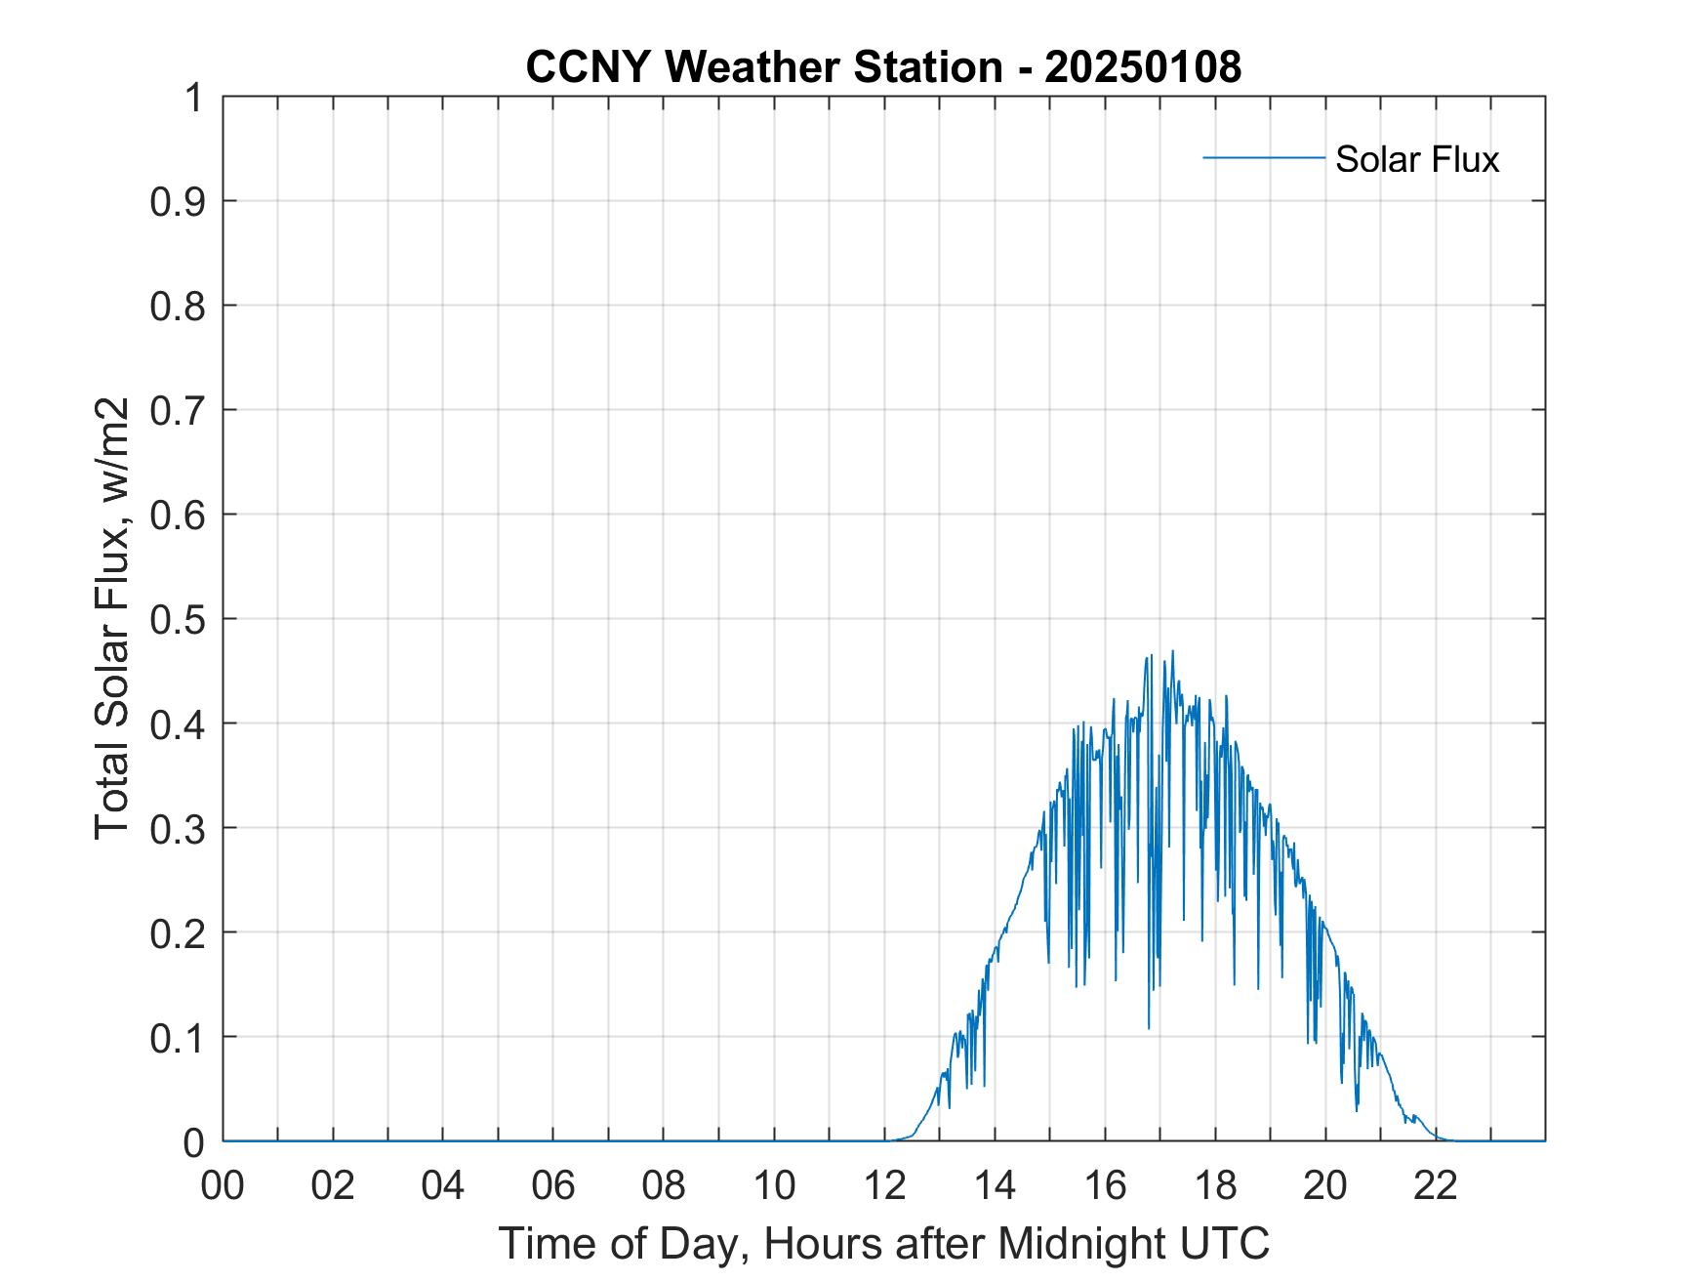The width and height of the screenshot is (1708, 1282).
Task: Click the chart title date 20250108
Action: (x=1143, y=67)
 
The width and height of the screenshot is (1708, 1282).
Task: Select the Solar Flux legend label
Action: (x=1416, y=158)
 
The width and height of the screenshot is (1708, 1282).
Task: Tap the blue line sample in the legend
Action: (x=1263, y=157)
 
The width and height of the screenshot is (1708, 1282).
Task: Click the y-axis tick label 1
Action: (x=194, y=98)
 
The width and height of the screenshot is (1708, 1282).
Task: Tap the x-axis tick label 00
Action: (x=223, y=1186)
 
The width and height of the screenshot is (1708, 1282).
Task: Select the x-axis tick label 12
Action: (x=884, y=1186)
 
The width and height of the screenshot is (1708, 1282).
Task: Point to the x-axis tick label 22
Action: (x=1436, y=1186)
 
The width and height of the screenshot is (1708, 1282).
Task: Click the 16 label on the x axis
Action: (x=1105, y=1186)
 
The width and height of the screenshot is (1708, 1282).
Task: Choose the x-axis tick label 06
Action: (x=553, y=1186)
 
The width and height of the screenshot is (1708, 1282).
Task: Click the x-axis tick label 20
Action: (x=1325, y=1186)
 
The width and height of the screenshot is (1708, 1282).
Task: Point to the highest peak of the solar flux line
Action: (x=1172, y=651)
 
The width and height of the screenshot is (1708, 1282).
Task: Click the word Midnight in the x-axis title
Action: (x=1078, y=1243)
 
